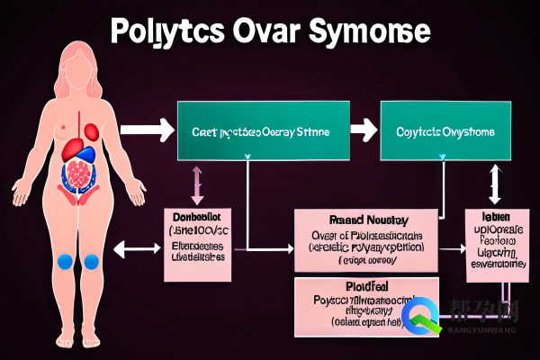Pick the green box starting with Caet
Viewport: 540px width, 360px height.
(260, 131)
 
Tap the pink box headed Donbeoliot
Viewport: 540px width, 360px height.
(198, 243)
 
